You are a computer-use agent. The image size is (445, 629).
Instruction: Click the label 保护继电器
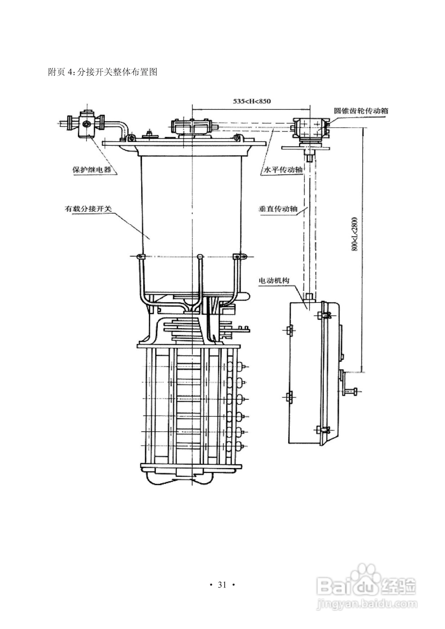(92, 170)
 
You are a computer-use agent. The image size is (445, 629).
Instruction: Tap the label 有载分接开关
(88, 209)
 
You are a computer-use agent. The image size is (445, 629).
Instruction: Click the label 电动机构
(274, 280)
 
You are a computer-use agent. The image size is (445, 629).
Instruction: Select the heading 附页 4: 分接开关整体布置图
(103, 72)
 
